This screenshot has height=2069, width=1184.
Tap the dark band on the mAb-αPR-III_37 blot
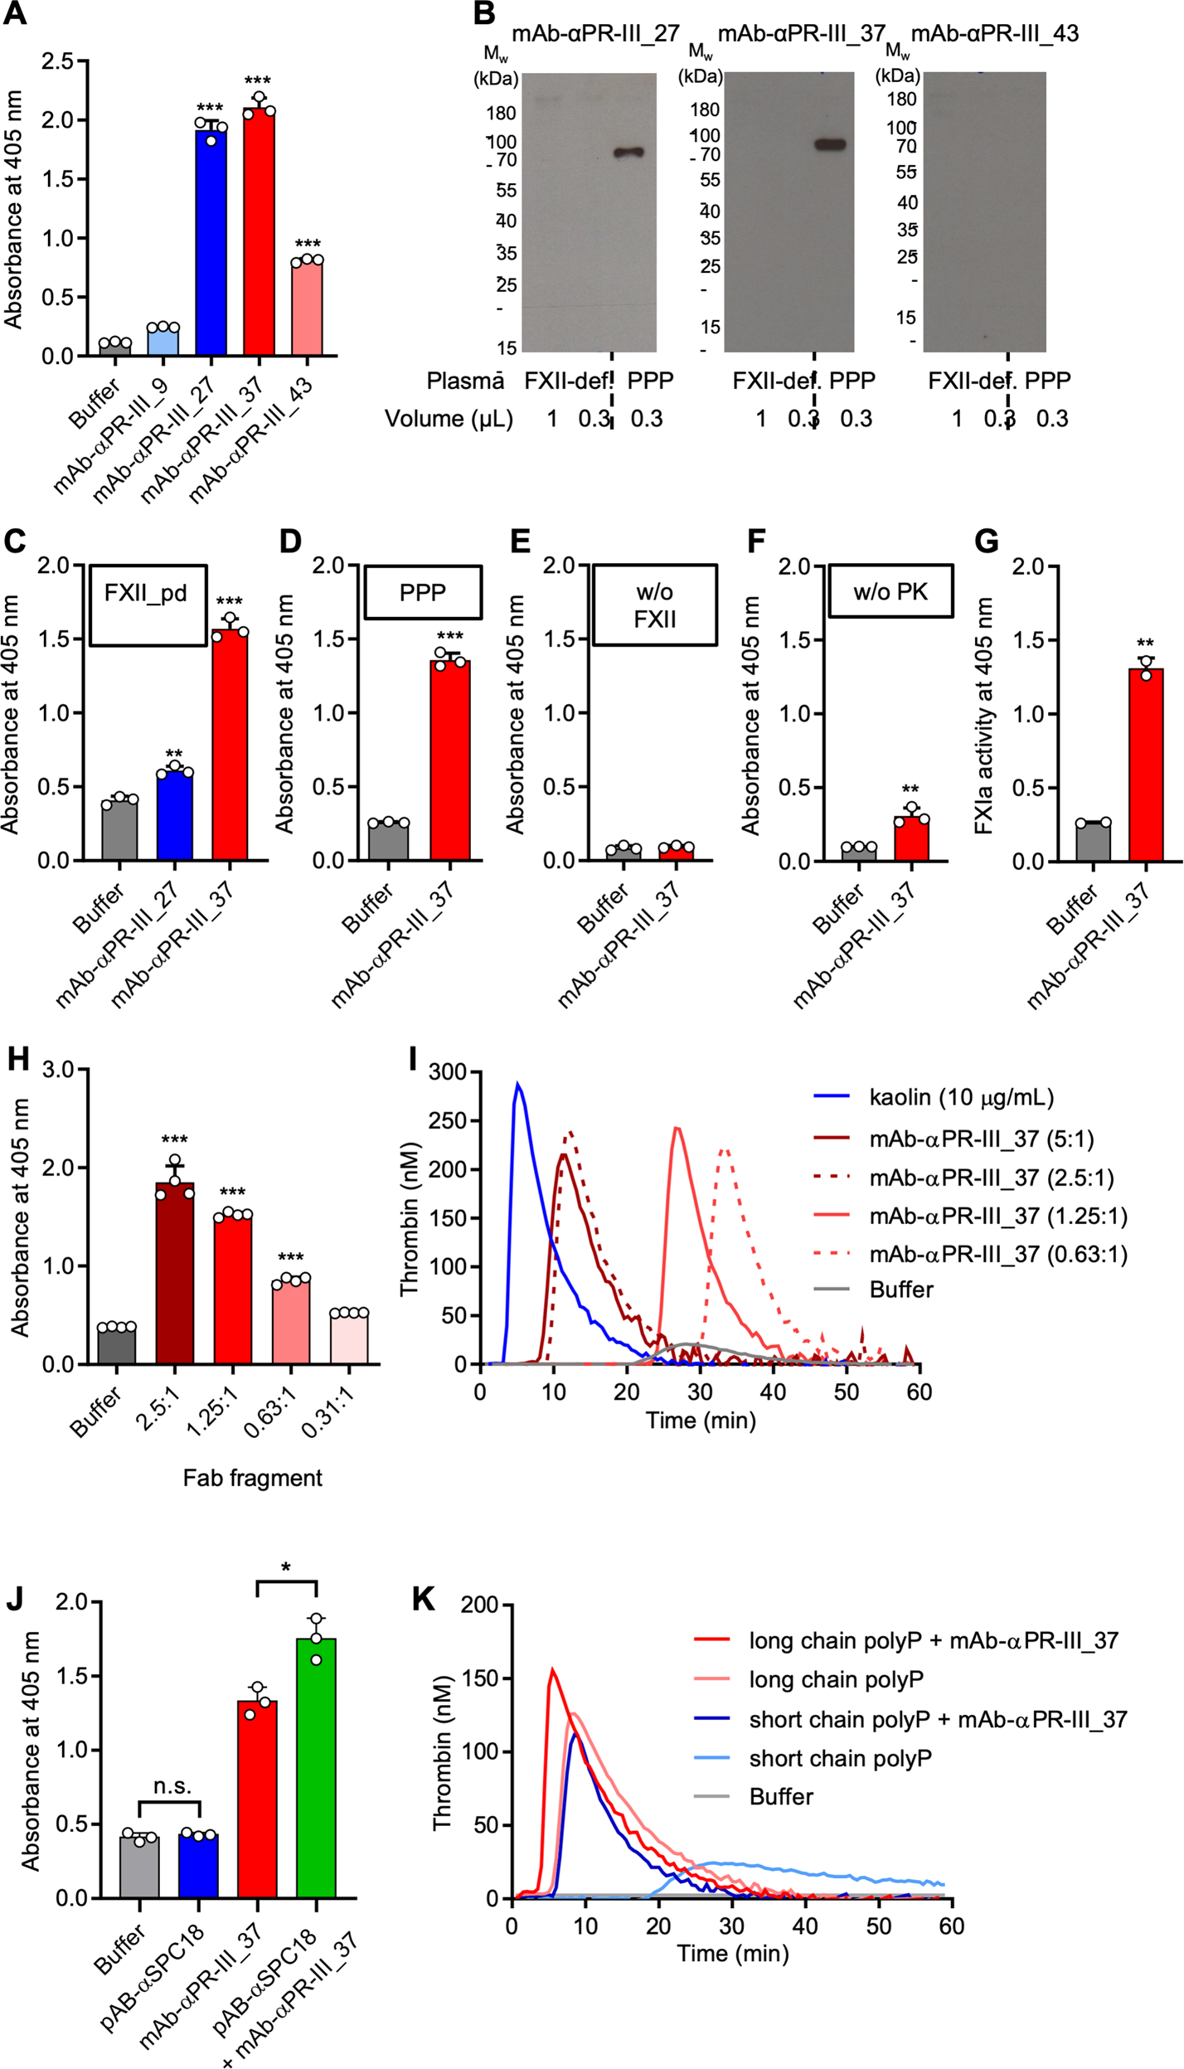pyautogui.click(x=830, y=144)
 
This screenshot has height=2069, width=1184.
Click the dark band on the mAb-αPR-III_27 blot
pyautogui.click(x=628, y=153)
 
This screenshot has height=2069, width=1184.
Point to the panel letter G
pyautogui.click(x=986, y=541)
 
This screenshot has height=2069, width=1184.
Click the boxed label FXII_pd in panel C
pyautogui.click(x=146, y=593)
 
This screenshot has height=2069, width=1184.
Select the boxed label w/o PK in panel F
pyautogui.click(x=890, y=592)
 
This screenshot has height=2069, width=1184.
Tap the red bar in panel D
pyautogui.click(x=449, y=759)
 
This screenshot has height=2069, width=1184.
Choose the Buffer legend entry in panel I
pyautogui.click(x=900, y=1289)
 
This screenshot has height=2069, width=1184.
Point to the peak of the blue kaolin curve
pyautogui.click(x=518, y=1084)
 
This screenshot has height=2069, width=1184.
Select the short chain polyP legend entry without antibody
pyautogui.click(x=840, y=1758)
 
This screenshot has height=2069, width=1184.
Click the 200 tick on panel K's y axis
pyautogui.click(x=482, y=1605)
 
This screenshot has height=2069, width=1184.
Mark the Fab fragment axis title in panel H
pyautogui.click(x=252, y=1478)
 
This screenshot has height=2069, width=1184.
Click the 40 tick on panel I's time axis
pyautogui.click(x=774, y=1391)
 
